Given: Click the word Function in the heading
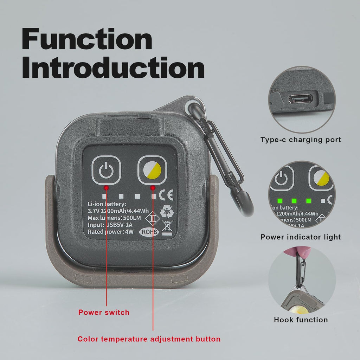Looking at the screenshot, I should tap(87, 39).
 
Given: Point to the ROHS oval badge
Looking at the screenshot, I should tap(149, 232).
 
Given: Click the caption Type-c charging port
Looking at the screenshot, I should tap(301, 140).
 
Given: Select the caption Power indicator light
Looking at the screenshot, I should tap(301, 237).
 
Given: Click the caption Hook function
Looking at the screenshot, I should tap(301, 320).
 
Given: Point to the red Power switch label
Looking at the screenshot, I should tap(104, 312).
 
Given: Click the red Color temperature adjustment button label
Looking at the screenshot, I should tap(149, 339).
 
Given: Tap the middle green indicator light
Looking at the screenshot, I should tap(294, 201).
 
